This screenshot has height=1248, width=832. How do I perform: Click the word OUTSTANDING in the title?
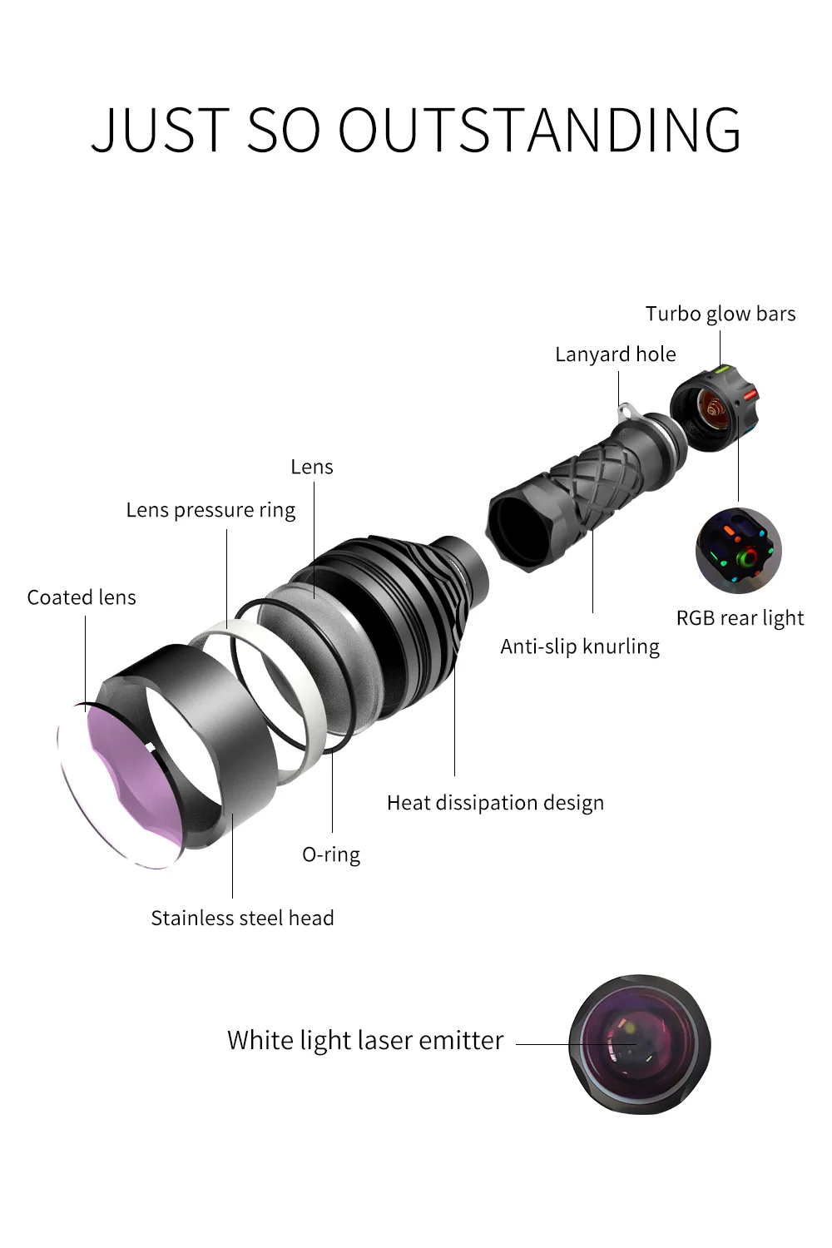coord(539,129)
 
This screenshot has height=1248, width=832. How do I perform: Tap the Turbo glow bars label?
coord(720,314)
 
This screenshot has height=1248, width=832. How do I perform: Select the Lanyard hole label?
coord(615,354)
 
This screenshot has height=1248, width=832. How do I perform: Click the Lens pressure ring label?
coord(210,510)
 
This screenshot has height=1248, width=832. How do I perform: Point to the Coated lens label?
coord(82,597)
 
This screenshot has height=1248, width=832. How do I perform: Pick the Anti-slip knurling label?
coord(580,646)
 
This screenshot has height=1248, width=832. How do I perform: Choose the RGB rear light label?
coord(740,618)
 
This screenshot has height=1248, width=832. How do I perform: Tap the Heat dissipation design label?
coord(495,804)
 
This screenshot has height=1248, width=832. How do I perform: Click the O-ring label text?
coord(331,854)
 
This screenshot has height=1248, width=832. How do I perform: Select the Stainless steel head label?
coord(242,919)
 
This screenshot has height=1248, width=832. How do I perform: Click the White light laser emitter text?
coord(365,1040)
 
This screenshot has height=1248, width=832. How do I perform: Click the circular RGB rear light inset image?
coord(738,551)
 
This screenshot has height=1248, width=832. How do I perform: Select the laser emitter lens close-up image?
coord(640,1045)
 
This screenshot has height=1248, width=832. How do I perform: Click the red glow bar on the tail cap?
coord(750,394)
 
